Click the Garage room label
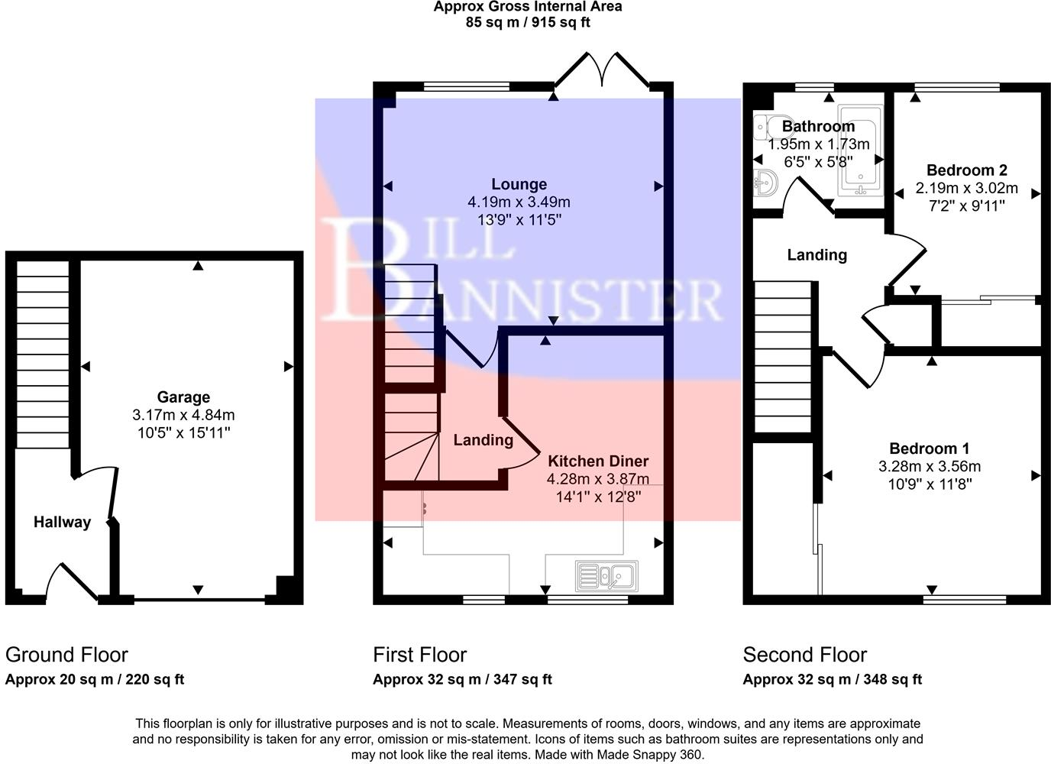[183, 397]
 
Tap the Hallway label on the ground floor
[62, 523]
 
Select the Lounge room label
[519, 184]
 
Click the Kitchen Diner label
[598, 461]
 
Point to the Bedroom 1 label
[929, 448]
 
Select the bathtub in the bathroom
[860, 149]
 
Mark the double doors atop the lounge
[603, 70]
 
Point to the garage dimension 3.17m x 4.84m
[183, 416]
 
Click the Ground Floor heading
[66, 655]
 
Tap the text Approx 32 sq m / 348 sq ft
[832, 679]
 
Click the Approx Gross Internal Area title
[528, 7]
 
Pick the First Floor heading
[419, 655]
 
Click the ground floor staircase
[43, 355]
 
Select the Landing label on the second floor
[817, 255]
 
